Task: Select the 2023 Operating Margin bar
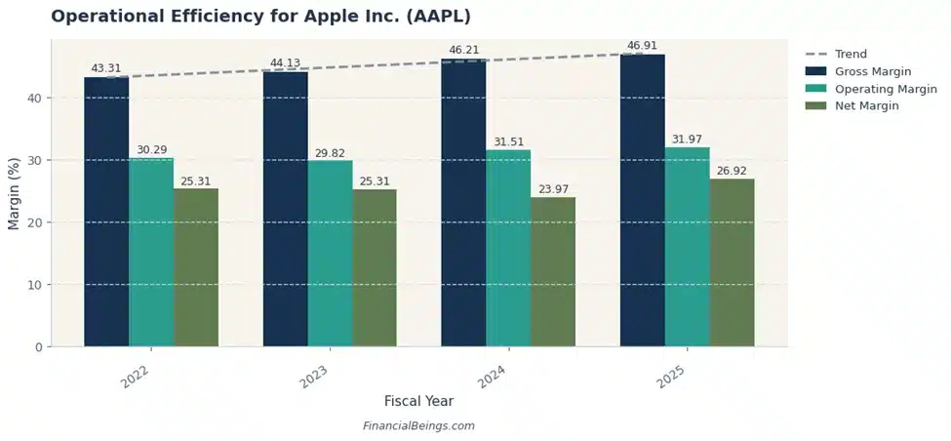coord(330,254)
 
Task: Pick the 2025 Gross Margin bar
coord(642,200)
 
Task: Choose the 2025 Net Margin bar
coord(732,262)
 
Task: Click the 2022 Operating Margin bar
coord(151,252)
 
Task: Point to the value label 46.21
coord(463,50)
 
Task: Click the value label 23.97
coord(553,188)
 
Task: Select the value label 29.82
coord(330,153)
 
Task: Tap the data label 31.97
coord(687,140)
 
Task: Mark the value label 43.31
coord(106,68)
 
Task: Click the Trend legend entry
coord(851,55)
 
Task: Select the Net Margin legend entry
coord(866,105)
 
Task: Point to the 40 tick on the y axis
coord(36,98)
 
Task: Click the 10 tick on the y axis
coord(36,285)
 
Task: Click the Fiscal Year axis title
coord(418,401)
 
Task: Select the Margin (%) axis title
coord(14,193)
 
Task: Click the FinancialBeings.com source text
coord(418,426)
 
